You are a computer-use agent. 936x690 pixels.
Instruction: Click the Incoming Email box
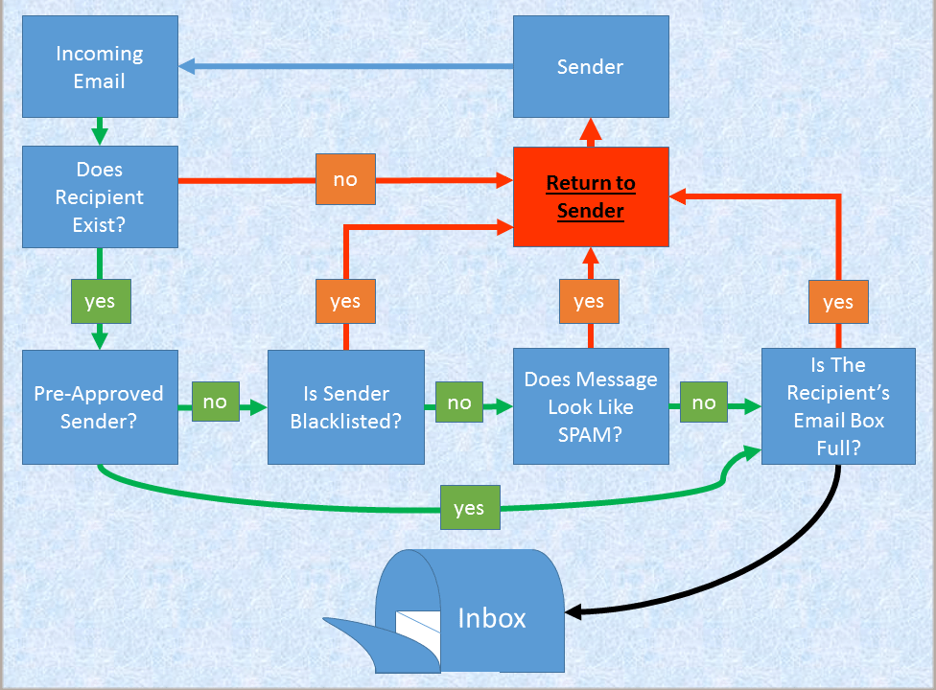tap(100, 67)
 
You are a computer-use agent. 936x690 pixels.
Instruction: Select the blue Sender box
tap(590, 67)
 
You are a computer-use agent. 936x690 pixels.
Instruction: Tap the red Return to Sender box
tap(590, 196)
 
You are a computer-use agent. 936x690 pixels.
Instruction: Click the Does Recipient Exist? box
tap(100, 196)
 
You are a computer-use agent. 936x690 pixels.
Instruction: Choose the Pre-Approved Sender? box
tap(100, 407)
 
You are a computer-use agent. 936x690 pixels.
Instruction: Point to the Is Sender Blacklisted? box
tap(345, 407)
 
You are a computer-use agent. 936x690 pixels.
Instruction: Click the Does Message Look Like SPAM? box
tap(590, 407)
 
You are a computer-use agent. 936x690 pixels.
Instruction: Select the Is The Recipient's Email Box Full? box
tap(838, 406)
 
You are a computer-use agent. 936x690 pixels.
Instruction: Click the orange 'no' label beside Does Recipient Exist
tap(345, 179)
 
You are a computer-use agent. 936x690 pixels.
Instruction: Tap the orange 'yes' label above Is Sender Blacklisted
tap(345, 302)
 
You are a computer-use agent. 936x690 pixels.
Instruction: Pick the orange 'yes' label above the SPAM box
tap(589, 302)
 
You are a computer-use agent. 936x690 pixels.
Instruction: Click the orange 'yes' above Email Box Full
tap(838, 302)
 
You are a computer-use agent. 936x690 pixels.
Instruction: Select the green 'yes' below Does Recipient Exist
tap(100, 302)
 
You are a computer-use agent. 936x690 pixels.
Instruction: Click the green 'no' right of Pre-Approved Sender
tap(215, 402)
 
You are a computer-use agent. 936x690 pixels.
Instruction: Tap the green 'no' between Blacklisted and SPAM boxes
tap(459, 402)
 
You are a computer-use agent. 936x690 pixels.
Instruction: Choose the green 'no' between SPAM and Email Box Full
tap(704, 402)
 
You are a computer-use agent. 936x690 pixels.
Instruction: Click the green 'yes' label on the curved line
tap(469, 508)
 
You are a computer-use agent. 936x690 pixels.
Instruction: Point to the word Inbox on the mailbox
tap(492, 618)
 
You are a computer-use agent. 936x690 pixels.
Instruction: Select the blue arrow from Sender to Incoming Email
tap(345, 66)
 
